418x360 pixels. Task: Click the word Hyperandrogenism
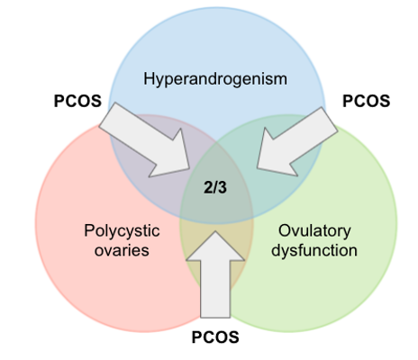tap(215, 80)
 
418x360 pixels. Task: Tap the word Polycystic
tap(122, 231)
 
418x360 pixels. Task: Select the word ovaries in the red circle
tap(122, 251)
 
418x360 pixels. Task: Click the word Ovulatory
tap(314, 231)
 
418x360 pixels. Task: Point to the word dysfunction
tap(314, 250)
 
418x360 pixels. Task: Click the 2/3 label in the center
tap(215, 188)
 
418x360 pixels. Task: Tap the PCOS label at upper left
tap(77, 101)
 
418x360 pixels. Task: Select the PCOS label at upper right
tap(367, 101)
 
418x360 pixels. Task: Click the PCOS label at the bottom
tap(215, 337)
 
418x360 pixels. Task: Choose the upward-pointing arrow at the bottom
tap(215, 274)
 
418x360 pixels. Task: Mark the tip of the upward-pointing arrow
tap(215, 231)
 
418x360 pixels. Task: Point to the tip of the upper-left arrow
tap(189, 168)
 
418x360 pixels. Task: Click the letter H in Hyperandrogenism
tap(149, 78)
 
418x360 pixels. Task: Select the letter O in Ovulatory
tap(285, 230)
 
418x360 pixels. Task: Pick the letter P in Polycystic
tap(89, 230)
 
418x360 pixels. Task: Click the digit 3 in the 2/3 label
tap(223, 188)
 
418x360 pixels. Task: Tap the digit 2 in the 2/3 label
tap(208, 188)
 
